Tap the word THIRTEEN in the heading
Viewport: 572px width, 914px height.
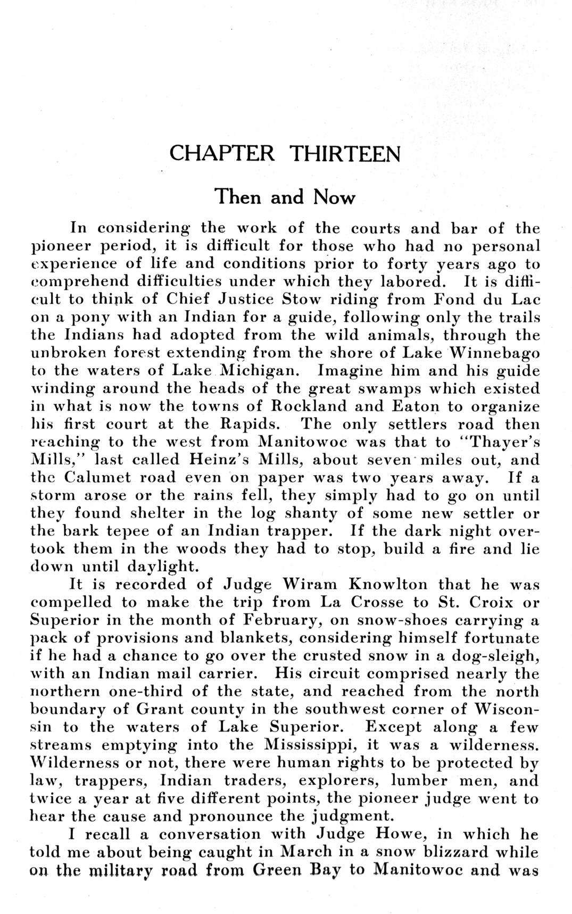345,154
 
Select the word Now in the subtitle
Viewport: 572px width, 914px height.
334,197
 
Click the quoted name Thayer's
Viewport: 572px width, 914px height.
499,442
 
